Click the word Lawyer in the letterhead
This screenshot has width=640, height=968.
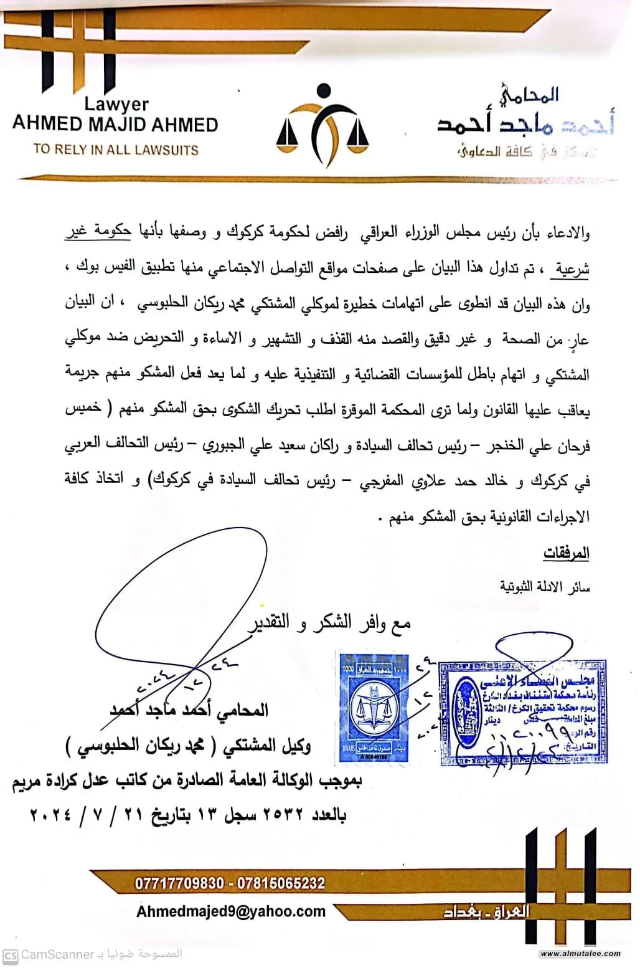pyautogui.click(x=116, y=103)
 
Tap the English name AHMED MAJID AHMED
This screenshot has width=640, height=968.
pyautogui.click(x=115, y=124)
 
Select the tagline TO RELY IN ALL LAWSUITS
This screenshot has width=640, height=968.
pyautogui.click(x=116, y=149)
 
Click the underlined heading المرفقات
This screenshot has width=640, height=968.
pyautogui.click(x=566, y=553)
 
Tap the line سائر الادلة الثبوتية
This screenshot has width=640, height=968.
pyautogui.click(x=545, y=587)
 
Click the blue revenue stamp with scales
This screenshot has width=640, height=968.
pyautogui.click(x=373, y=707)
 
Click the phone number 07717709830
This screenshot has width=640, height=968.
pyautogui.click(x=179, y=883)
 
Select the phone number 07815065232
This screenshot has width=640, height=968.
pyautogui.click(x=281, y=883)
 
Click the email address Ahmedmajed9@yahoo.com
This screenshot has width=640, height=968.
pyautogui.click(x=231, y=911)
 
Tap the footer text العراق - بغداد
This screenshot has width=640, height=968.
pyautogui.click(x=486, y=912)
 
